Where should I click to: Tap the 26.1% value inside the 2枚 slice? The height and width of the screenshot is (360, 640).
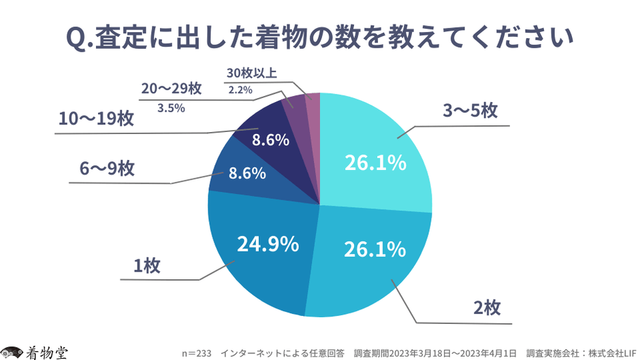374,249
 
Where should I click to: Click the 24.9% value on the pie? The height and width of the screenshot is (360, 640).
268,244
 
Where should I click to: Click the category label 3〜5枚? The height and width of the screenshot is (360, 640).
471,112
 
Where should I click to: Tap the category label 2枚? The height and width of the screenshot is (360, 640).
487,308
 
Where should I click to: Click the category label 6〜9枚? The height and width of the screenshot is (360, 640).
108,168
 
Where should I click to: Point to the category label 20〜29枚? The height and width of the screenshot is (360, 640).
172,88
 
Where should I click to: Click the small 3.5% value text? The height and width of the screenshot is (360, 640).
172,107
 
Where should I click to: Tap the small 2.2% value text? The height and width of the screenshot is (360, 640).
240,90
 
